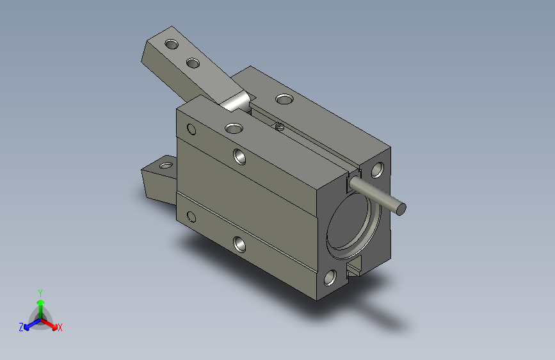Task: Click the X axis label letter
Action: [x=60, y=327]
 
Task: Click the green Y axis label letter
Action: [x=40, y=293]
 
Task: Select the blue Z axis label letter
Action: [x=21, y=327]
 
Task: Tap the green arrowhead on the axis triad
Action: [x=41, y=302]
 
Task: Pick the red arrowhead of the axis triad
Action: [x=54, y=326]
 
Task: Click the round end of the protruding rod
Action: [x=401, y=209]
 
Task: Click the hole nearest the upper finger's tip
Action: [x=172, y=45]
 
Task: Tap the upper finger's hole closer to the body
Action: [x=193, y=63]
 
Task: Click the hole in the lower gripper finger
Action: [x=166, y=165]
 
